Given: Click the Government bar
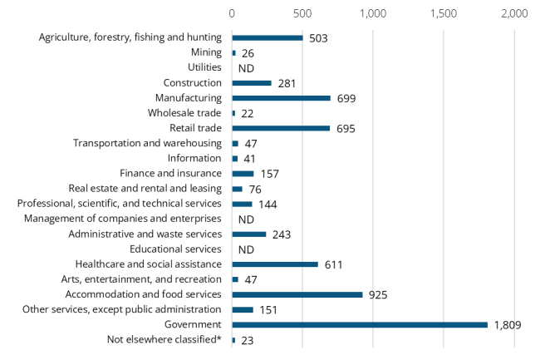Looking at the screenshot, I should [x=359, y=324].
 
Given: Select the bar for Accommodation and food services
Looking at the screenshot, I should [x=297, y=294].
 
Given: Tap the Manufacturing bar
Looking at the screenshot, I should [x=281, y=98].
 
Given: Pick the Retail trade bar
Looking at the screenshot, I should [x=281, y=128].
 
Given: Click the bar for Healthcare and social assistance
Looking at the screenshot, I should [x=275, y=264].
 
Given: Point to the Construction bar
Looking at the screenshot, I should [x=252, y=83].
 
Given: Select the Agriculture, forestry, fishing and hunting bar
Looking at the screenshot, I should [x=268, y=37].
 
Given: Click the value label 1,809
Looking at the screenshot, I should [x=506, y=325].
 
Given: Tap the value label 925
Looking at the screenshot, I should [x=378, y=295].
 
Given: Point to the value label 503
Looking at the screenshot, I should [x=319, y=38].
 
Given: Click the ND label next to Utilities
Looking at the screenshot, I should [x=245, y=68].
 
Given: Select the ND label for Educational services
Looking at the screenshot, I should [x=245, y=249].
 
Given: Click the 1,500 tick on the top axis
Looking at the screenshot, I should [x=444, y=14].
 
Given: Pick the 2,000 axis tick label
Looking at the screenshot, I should [x=514, y=14].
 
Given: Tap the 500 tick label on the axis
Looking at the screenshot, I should [x=302, y=14].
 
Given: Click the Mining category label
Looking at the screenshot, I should [x=205, y=52].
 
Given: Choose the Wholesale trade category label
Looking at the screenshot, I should [x=184, y=113].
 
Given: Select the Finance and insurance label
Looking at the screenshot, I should [x=170, y=173].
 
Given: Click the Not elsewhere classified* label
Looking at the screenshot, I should [x=164, y=339].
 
